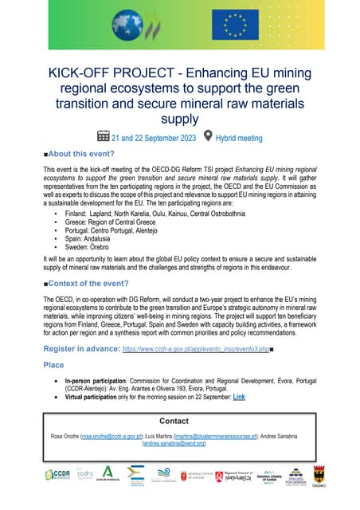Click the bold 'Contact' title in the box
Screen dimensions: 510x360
(180, 420)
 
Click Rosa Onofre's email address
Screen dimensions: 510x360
(111, 437)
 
